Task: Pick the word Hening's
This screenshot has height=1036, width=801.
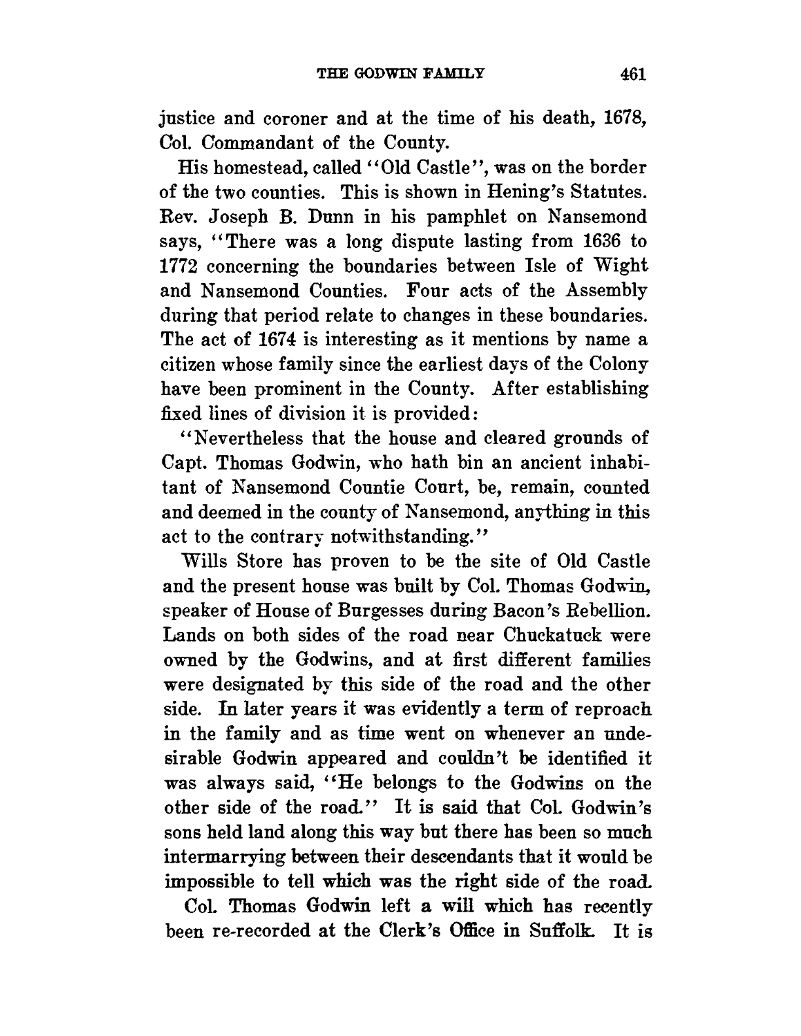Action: coord(514,193)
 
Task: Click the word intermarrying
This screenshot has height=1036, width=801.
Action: coord(234,857)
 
